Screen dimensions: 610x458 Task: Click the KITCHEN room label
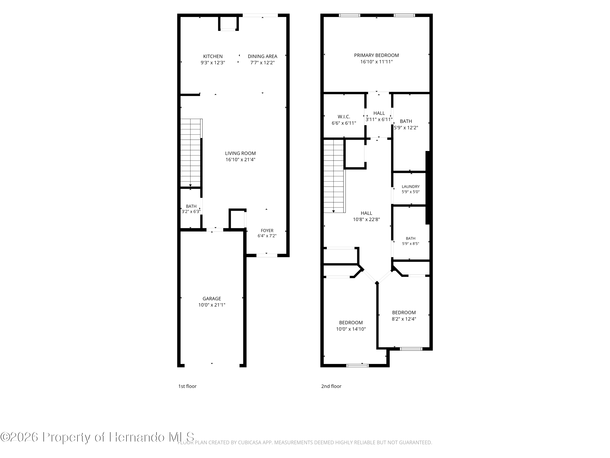click(x=213, y=56)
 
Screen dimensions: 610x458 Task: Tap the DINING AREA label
click(x=263, y=56)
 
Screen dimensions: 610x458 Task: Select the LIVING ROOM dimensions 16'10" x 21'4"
click(x=241, y=160)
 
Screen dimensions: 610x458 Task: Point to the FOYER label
click(x=267, y=230)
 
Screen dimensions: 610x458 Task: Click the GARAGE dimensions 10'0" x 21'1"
click(x=212, y=305)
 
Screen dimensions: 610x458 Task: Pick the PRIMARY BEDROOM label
click(x=376, y=55)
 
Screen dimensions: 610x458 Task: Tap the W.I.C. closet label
click(x=344, y=117)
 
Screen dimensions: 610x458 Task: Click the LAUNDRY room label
click(x=411, y=187)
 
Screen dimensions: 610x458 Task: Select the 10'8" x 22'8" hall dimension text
click(x=366, y=219)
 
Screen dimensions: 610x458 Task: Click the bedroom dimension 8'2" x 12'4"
click(x=404, y=319)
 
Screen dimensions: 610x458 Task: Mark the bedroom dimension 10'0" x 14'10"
click(x=351, y=329)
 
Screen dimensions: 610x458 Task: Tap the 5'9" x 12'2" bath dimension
click(x=406, y=128)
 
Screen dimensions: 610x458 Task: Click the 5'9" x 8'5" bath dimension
click(x=411, y=243)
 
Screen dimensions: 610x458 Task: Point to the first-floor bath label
click(x=191, y=206)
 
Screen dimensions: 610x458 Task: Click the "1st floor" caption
click(x=187, y=386)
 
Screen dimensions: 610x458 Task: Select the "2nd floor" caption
click(x=331, y=386)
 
